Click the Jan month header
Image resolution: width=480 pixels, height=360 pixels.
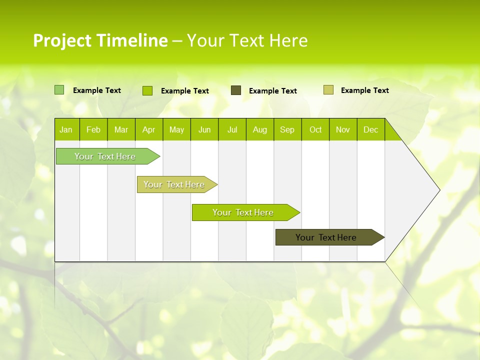(66, 129)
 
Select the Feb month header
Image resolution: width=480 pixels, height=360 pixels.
(93, 129)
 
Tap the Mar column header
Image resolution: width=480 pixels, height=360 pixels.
(121, 129)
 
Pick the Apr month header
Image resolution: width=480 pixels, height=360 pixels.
(149, 129)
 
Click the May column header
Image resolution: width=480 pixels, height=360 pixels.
(176, 129)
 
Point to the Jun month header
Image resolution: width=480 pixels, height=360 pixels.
(204, 129)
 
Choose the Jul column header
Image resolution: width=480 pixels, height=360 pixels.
(232, 129)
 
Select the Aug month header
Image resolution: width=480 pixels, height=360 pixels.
(260, 129)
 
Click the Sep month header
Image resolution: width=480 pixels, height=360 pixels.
(287, 129)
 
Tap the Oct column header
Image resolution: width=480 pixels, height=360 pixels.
(315, 129)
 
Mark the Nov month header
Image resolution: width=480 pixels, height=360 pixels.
(343, 129)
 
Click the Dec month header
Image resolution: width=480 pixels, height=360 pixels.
(370, 129)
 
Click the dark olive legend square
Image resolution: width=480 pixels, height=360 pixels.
(236, 90)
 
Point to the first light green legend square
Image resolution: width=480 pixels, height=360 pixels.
(59, 90)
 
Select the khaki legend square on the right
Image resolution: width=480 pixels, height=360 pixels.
(328, 90)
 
